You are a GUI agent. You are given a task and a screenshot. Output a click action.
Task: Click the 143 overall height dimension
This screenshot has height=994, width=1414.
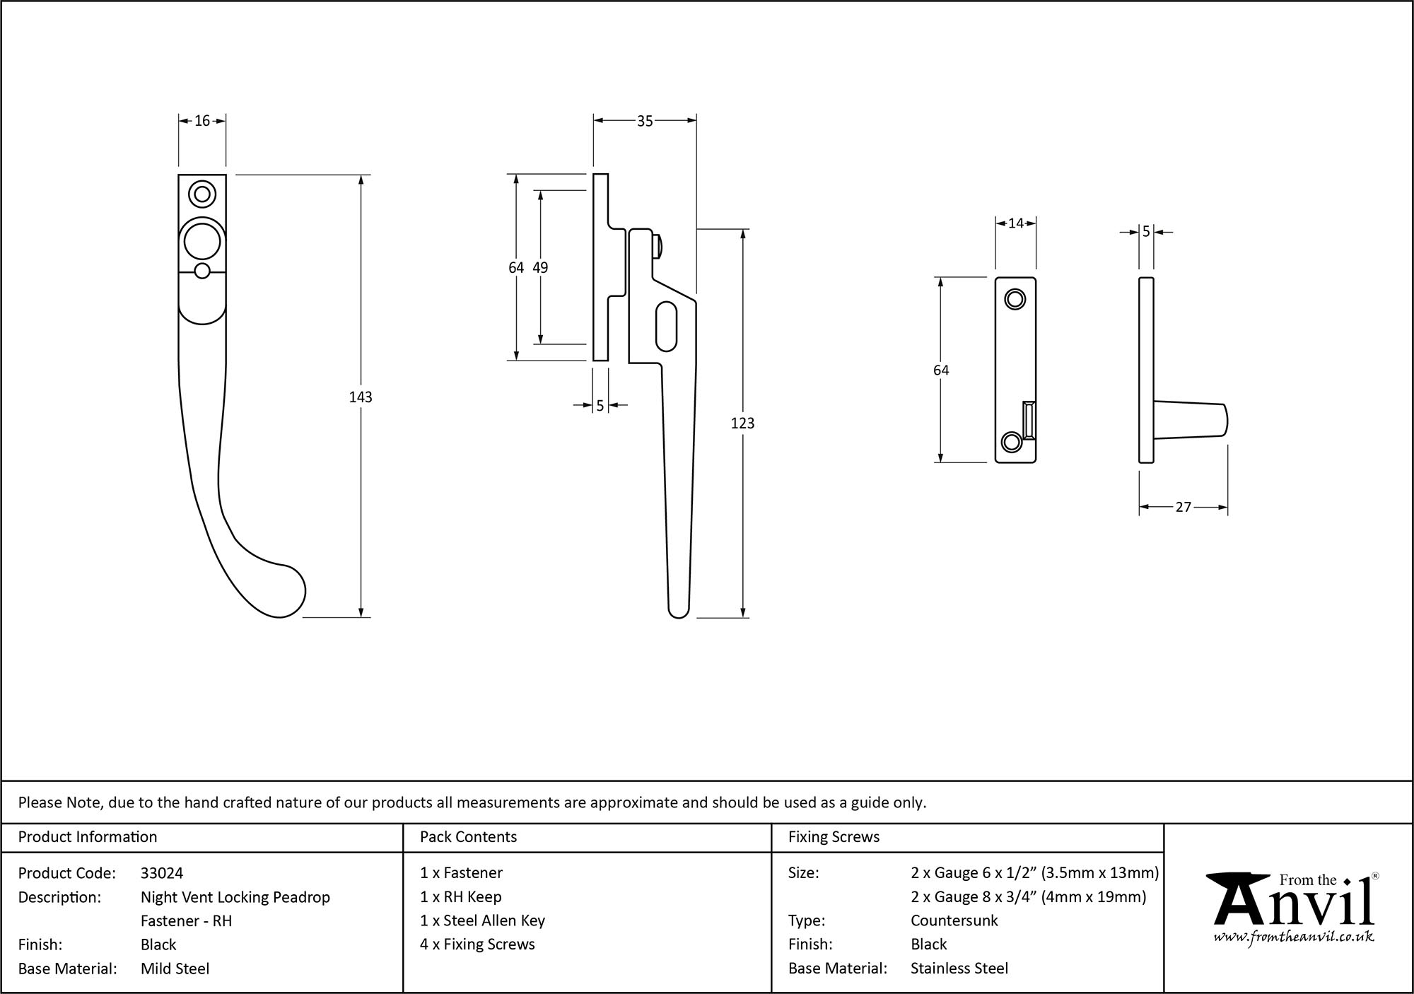(x=361, y=397)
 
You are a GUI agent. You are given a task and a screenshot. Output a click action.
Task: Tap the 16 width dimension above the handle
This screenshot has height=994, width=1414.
(x=202, y=121)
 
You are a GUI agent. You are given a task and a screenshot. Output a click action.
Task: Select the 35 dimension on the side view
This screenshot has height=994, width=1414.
(x=645, y=121)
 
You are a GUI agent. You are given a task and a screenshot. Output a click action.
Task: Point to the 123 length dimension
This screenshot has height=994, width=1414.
(x=742, y=423)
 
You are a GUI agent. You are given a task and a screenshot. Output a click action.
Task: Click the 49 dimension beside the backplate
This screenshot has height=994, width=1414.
(x=540, y=267)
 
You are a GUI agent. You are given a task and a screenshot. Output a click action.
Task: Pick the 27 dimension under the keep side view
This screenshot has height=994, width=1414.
(x=1184, y=507)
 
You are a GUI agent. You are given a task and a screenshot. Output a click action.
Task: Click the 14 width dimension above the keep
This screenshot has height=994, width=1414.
(x=1015, y=223)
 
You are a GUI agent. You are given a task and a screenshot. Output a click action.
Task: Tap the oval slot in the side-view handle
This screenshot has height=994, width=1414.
(x=666, y=326)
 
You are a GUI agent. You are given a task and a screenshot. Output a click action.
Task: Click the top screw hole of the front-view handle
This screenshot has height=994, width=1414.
(x=202, y=194)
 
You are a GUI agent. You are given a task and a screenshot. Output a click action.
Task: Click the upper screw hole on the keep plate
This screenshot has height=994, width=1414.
(x=1015, y=300)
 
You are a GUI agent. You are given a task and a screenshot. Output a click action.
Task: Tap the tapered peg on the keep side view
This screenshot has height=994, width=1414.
(x=1191, y=420)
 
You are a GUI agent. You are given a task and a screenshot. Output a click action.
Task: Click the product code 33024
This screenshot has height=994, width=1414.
(x=162, y=873)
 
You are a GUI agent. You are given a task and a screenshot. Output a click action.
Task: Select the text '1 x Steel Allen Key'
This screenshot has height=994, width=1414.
(x=482, y=920)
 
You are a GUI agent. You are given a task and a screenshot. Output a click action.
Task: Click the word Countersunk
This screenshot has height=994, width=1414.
(x=954, y=920)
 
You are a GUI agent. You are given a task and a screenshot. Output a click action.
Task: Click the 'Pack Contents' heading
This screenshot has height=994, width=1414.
(x=468, y=837)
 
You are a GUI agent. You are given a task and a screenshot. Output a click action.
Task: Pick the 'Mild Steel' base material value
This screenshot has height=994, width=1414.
(x=175, y=969)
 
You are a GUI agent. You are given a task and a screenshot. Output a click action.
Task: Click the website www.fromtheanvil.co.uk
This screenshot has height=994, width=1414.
(x=1294, y=937)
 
